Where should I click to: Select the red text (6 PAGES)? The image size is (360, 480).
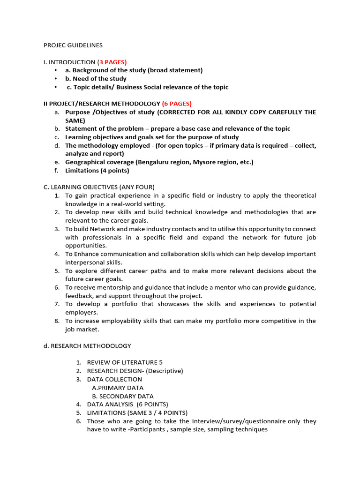point(177,104)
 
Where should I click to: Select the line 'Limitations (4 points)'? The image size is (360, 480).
point(97,171)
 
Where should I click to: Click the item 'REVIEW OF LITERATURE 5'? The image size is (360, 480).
point(125,362)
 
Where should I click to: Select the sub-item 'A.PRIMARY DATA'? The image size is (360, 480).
point(118,388)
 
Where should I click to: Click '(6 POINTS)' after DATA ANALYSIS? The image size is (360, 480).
point(152,404)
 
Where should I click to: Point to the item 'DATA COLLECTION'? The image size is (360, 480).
point(114,379)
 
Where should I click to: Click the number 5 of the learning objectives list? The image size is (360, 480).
point(56,271)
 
